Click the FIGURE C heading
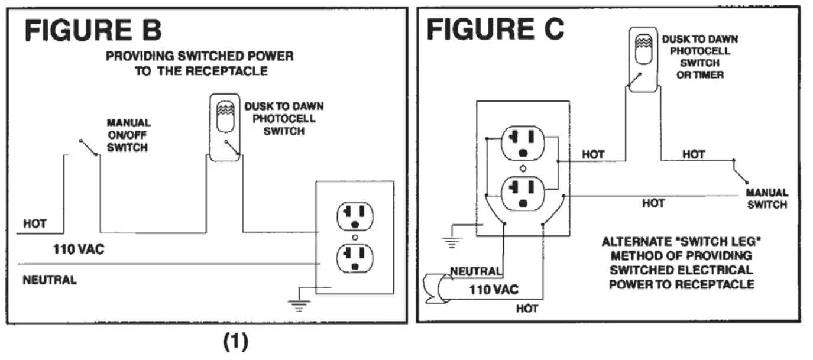click(495, 30)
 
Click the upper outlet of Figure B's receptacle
click(355, 216)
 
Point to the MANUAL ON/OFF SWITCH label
click(128, 135)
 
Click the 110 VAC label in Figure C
click(494, 290)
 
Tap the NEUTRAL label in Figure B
click(50, 280)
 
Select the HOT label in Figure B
click(34, 224)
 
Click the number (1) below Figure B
click(236, 342)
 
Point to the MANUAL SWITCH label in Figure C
click(766, 199)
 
